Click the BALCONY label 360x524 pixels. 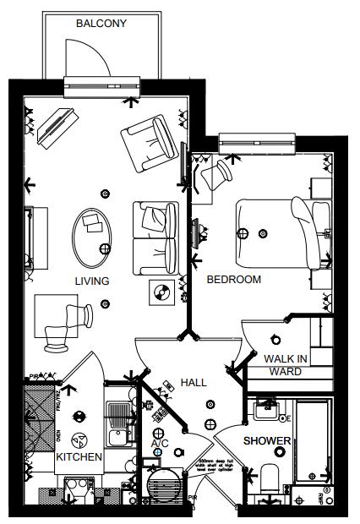point(101,24)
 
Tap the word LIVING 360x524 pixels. point(92,281)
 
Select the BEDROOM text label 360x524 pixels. point(234,279)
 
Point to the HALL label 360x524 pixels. point(194,382)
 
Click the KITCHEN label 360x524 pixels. point(79,457)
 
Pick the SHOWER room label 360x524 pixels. point(268,441)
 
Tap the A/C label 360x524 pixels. point(160,443)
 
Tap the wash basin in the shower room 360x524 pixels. point(269,412)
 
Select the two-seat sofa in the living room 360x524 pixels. point(155,231)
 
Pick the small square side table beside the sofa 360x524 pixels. point(160,292)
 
